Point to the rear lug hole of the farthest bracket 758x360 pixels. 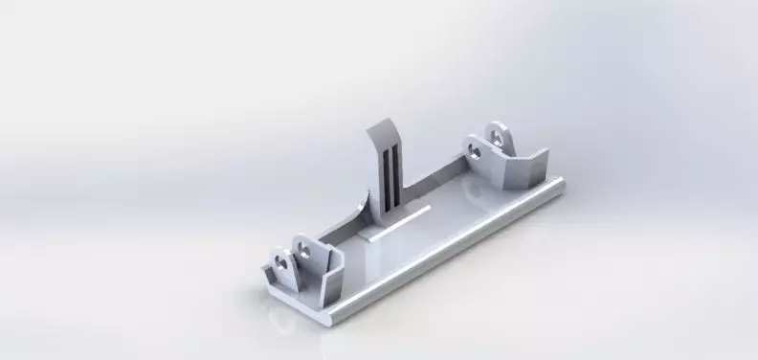point(496,134)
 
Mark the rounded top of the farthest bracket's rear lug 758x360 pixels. point(496,124)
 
